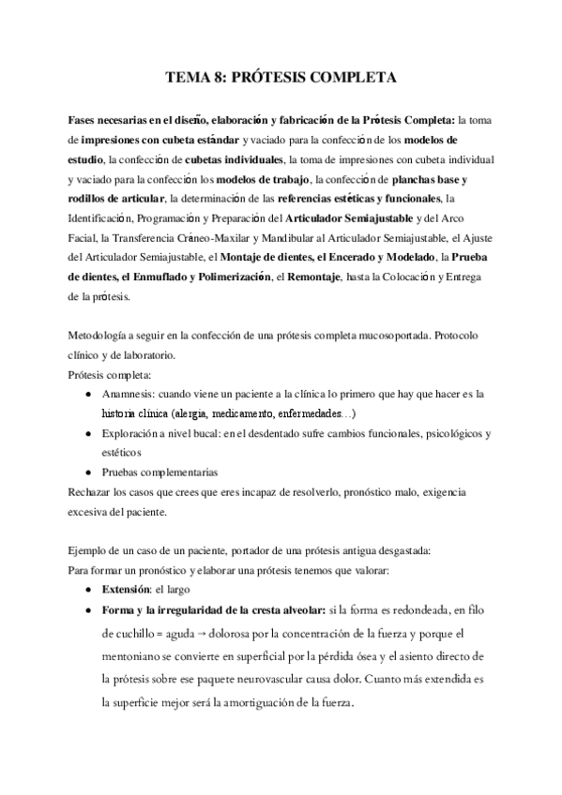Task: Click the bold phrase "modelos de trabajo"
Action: (x=259, y=178)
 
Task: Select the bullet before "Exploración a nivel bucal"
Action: (x=88, y=434)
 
